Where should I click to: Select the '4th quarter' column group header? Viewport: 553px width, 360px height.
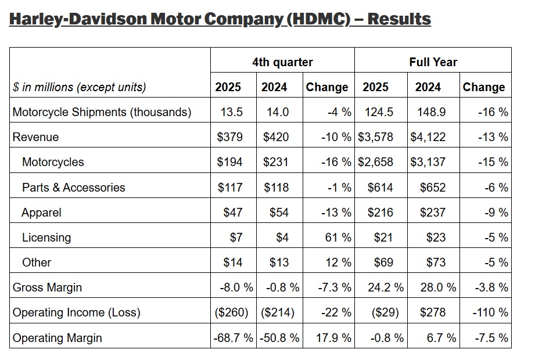[x=282, y=62]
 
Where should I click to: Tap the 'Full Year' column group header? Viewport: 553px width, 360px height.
[x=433, y=62]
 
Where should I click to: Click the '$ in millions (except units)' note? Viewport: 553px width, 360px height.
[x=80, y=87]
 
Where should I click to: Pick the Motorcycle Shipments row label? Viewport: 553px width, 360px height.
[x=102, y=112]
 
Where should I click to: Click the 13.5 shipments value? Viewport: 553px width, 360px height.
[x=231, y=112]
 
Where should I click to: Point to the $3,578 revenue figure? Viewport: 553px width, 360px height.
[x=376, y=137]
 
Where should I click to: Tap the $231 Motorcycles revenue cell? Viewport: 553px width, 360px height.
[x=275, y=162]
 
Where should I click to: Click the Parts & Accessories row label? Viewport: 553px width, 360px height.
[x=73, y=187]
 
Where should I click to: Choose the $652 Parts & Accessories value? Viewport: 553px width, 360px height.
[x=432, y=187]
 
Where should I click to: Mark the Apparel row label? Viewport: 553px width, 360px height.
[x=41, y=213]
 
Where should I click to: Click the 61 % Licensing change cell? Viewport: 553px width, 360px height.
[x=337, y=237]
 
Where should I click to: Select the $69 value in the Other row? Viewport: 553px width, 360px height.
[x=383, y=262]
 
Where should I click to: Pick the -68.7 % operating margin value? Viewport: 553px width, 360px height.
[x=233, y=337]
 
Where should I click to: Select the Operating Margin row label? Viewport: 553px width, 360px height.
[x=57, y=337]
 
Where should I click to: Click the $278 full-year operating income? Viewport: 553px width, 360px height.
[x=432, y=312]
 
